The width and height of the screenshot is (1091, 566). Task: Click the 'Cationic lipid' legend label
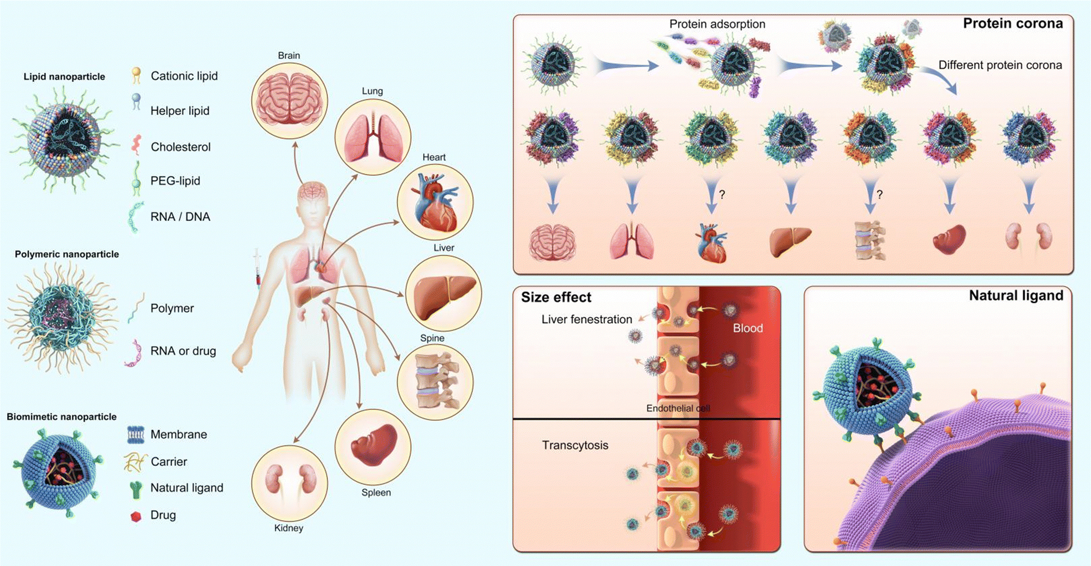pos(184,76)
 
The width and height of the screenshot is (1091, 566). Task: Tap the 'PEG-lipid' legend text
pos(175,181)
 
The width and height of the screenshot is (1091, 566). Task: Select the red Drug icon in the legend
pos(136,516)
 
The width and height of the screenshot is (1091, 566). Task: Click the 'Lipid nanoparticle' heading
pos(64,76)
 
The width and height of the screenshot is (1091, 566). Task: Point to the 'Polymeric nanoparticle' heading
pos(67,254)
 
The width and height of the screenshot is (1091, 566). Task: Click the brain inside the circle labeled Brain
pos(289,100)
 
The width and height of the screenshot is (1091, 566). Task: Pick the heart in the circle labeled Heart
pos(435,202)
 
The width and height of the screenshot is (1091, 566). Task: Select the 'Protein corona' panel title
pos(1012,23)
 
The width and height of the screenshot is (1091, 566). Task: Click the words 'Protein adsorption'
pos(717,24)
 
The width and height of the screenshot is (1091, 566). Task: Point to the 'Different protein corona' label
pos(1000,65)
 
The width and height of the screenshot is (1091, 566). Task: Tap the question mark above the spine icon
pos(879,194)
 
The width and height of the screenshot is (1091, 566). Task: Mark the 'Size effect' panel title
pos(556,297)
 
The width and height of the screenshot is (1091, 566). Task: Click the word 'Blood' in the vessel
pos(747,328)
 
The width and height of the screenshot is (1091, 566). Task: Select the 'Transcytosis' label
pos(575,445)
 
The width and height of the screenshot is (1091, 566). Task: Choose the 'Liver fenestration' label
pos(586,319)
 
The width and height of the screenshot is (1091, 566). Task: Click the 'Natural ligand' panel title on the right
pos(1016,296)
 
